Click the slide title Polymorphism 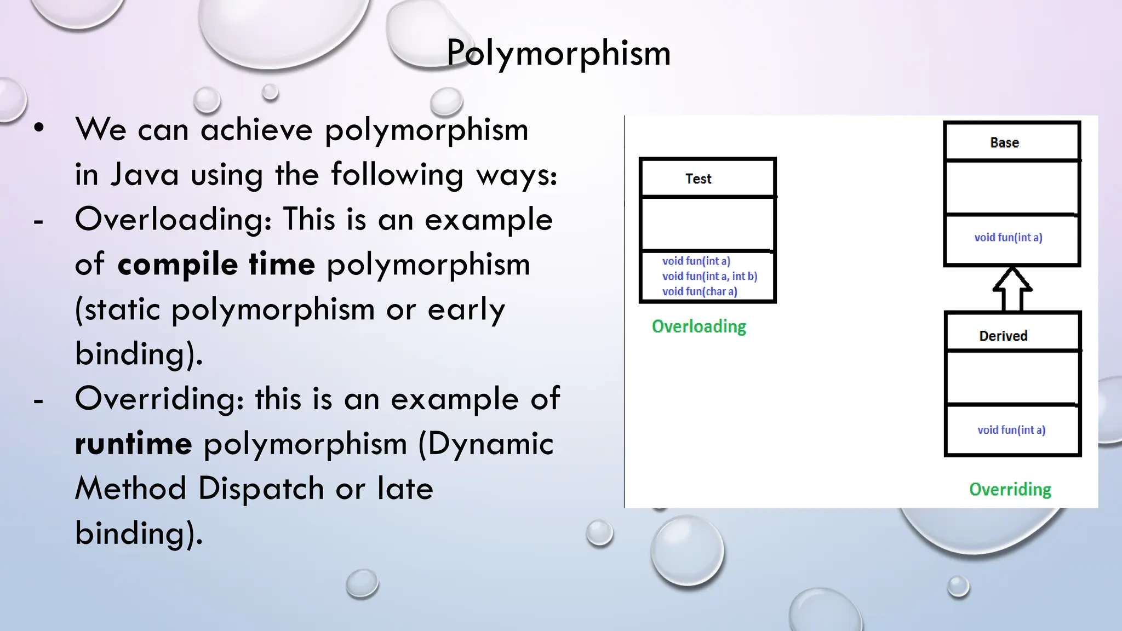pyautogui.click(x=558, y=53)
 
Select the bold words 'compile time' pyautogui.click(x=216, y=264)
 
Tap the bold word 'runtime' pyautogui.click(x=133, y=443)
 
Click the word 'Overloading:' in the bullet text pyautogui.click(x=173, y=219)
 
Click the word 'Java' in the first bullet pyautogui.click(x=145, y=175)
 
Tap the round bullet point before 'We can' pyautogui.click(x=39, y=128)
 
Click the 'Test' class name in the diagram pyautogui.click(x=698, y=179)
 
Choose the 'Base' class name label pyautogui.click(x=1004, y=143)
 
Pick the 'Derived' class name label pyautogui.click(x=1003, y=336)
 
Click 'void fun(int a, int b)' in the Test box pyautogui.click(x=709, y=276)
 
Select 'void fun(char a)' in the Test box pyautogui.click(x=700, y=291)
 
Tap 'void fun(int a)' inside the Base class pyautogui.click(x=1008, y=237)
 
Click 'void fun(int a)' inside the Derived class pyautogui.click(x=1011, y=430)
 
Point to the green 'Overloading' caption pyautogui.click(x=699, y=326)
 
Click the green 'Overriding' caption pyautogui.click(x=1010, y=489)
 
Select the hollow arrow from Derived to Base pyautogui.click(x=1012, y=290)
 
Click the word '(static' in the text pyautogui.click(x=117, y=309)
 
